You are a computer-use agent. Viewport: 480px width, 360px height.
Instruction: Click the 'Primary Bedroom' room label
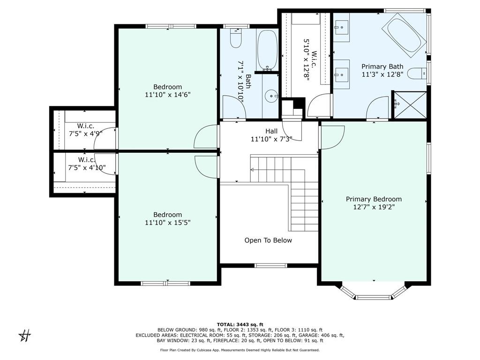coord(374,199)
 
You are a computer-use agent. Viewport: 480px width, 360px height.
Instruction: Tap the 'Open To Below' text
coord(268,240)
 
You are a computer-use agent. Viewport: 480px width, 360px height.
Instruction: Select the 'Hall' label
coord(271,131)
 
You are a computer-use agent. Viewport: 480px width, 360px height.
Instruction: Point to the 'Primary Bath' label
coord(382,67)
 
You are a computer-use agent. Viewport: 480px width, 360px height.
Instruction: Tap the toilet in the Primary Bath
coord(417,74)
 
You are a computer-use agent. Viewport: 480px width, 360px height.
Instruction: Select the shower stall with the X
coord(410,105)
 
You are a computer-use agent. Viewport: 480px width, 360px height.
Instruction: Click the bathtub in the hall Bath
coord(267,50)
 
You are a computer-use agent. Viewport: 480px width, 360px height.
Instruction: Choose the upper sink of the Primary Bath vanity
coord(341,27)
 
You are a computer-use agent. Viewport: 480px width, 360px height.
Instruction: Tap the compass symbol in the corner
coord(25,336)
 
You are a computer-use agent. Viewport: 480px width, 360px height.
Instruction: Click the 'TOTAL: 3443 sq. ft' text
coord(240,324)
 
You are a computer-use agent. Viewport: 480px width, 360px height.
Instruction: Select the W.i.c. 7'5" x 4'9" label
coord(85,130)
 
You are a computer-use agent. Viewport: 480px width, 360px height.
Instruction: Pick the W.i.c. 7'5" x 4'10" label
coord(87,164)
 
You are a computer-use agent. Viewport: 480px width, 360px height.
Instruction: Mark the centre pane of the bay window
coord(374,297)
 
